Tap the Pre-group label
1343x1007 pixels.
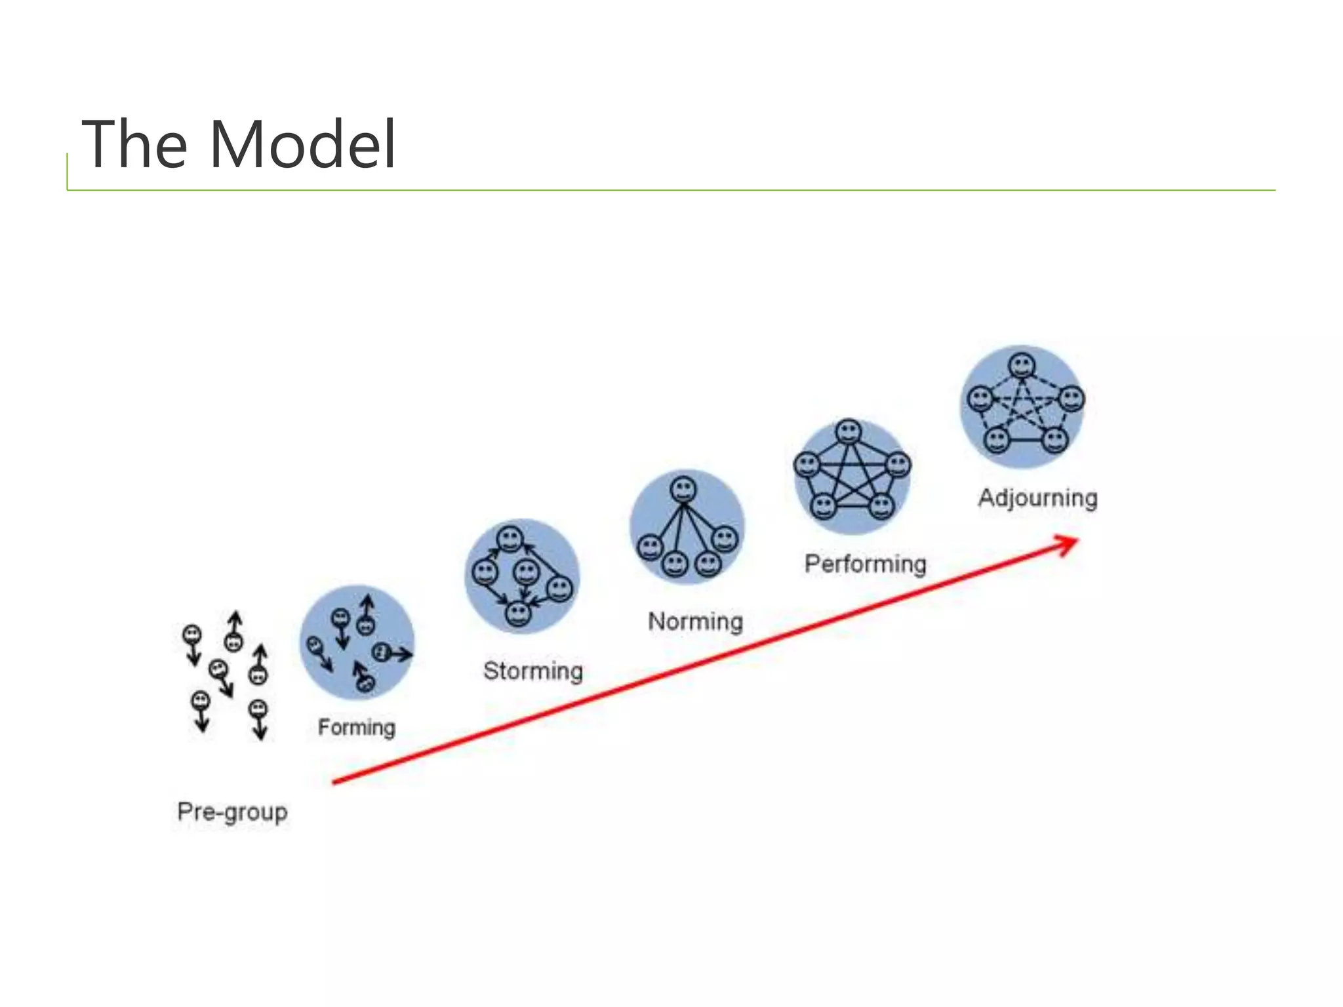coord(232,812)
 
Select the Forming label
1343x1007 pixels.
coord(357,727)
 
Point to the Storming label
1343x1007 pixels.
coord(532,671)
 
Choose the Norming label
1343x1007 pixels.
coord(695,621)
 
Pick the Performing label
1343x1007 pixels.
coord(865,564)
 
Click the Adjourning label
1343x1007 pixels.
coord(1037,498)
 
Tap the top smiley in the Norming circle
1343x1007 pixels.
coord(683,490)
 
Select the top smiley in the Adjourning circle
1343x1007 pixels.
coord(1022,365)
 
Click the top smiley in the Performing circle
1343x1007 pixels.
coord(849,432)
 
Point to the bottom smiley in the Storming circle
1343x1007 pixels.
coord(518,614)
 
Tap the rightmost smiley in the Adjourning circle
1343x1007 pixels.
coord(1072,399)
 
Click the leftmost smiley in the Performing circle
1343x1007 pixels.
coord(807,465)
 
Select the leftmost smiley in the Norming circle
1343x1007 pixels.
coord(651,547)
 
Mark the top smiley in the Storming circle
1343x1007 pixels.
coord(510,540)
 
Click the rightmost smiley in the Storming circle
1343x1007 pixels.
coord(559,588)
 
